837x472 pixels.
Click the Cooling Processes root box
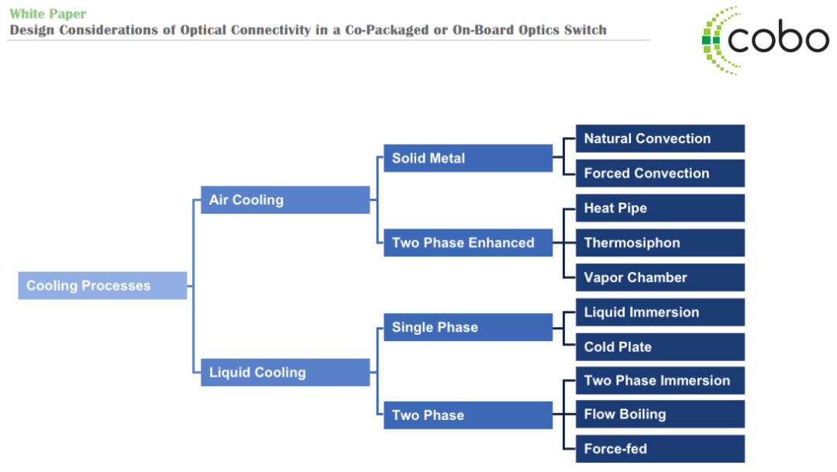pyautogui.click(x=102, y=285)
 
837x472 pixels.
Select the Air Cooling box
pyautogui.click(x=285, y=200)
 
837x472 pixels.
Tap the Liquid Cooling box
pyautogui.click(x=285, y=372)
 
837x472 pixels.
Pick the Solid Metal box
pyautogui.click(x=468, y=158)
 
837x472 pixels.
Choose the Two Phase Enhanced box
pyautogui.click(x=468, y=243)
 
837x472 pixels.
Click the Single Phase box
pyautogui.click(x=468, y=327)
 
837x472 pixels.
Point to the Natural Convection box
pyautogui.click(x=660, y=138)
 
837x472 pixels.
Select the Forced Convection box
pyautogui.click(x=660, y=173)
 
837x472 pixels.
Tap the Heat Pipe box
pyautogui.click(x=660, y=208)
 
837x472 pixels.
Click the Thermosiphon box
pyautogui.click(x=660, y=243)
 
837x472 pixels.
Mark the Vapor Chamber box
pyautogui.click(x=660, y=277)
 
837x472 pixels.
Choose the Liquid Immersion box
pyautogui.click(x=660, y=312)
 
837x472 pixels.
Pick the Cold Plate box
pyautogui.click(x=660, y=346)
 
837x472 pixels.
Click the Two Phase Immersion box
pyautogui.click(x=660, y=381)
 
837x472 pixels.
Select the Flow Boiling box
pyautogui.click(x=660, y=414)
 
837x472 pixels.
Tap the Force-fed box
pyautogui.click(x=660, y=449)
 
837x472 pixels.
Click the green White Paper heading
pyautogui.click(x=48, y=14)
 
